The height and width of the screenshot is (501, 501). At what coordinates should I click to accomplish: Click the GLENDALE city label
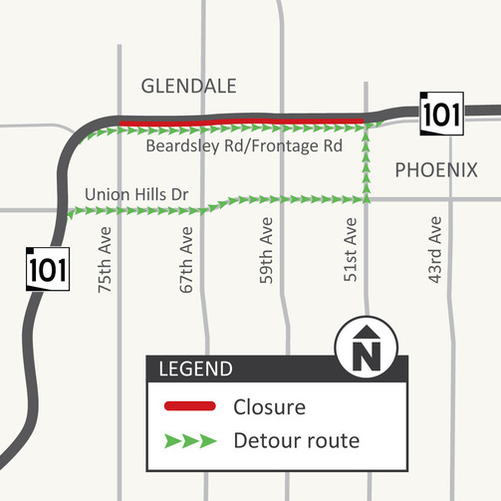pyautogui.click(x=189, y=87)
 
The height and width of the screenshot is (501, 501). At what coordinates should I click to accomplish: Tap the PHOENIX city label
pyautogui.click(x=436, y=170)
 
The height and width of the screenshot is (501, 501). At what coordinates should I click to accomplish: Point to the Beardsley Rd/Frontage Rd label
pyautogui.click(x=244, y=145)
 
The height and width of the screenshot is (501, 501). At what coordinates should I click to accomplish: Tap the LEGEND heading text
pyautogui.click(x=195, y=370)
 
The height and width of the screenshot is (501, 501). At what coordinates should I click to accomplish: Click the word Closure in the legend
pyautogui.click(x=269, y=406)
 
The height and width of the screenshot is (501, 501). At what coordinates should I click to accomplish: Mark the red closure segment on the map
pyautogui.click(x=244, y=123)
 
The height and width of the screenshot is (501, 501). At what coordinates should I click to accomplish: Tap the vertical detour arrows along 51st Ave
pyautogui.click(x=367, y=164)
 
